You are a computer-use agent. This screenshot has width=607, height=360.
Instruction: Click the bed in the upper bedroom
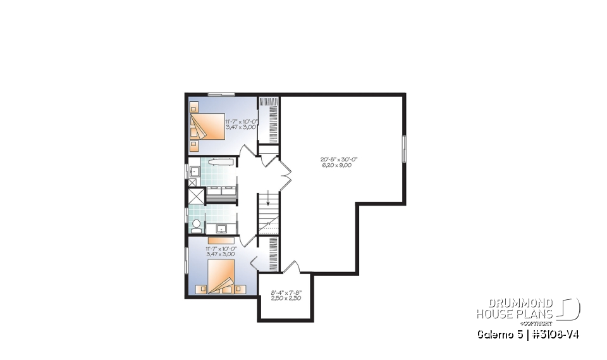(209, 126)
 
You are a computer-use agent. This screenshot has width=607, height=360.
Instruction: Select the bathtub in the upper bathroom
(219, 162)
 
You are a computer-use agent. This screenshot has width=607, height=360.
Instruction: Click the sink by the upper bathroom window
(195, 170)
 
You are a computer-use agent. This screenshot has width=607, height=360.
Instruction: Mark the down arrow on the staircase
(268, 202)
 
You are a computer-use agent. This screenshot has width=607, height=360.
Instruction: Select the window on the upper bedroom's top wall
(221, 95)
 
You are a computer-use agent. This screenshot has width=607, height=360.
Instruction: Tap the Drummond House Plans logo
(527, 308)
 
